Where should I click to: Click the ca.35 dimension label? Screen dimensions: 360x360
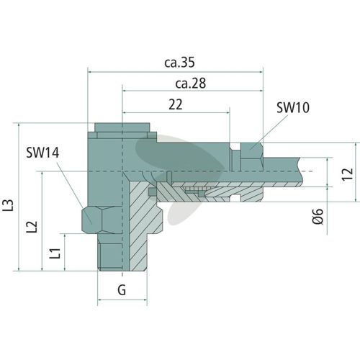click(x=179, y=63)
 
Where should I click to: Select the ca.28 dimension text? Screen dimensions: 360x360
click(x=191, y=84)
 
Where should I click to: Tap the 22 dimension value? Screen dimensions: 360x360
click(x=176, y=104)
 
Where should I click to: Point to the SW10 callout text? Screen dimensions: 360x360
click(x=293, y=107)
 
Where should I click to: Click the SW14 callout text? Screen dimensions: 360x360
click(x=42, y=153)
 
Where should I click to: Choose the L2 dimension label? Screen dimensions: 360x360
click(x=32, y=226)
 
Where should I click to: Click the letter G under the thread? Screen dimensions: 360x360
click(x=122, y=289)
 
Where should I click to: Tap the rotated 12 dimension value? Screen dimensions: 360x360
click(x=347, y=174)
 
